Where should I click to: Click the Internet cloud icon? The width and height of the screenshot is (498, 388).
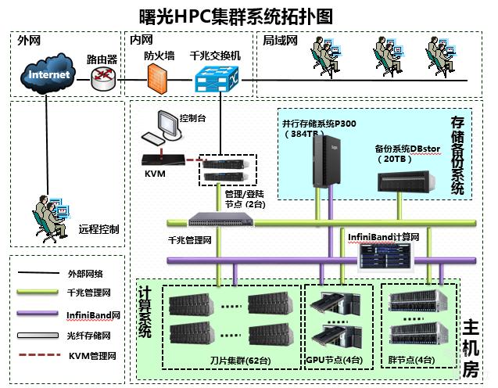coord(48,75)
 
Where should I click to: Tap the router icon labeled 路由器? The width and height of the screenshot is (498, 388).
coord(102,75)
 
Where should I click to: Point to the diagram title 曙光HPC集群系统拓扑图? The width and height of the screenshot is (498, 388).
coord(235,16)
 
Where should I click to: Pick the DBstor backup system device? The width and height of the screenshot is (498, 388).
coord(408,180)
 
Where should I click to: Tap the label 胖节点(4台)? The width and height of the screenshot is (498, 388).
coord(411,361)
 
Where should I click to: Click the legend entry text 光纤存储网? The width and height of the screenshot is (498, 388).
coord(89,335)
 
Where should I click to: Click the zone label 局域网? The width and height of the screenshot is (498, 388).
coord(280,40)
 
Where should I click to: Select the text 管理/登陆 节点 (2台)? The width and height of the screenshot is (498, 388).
coord(245,198)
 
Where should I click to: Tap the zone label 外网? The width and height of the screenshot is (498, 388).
coord(28,40)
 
